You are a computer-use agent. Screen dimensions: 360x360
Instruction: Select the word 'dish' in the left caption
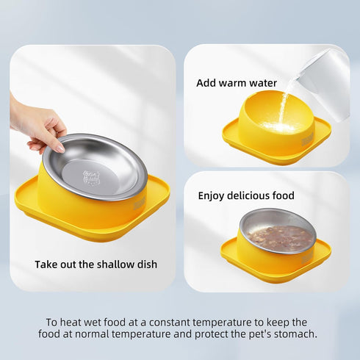pyautogui.click(x=145, y=264)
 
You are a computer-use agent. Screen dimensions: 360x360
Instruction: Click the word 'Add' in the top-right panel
pyautogui.click(x=206, y=83)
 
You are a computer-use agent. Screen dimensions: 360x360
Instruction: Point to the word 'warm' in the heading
pyautogui.click(x=234, y=83)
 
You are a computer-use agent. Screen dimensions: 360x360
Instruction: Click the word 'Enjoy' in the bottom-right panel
pyautogui.click(x=213, y=196)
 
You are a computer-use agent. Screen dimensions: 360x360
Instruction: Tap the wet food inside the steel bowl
pyautogui.click(x=277, y=237)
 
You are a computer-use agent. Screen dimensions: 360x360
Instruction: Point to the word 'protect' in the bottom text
pyautogui.click(x=204, y=334)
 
